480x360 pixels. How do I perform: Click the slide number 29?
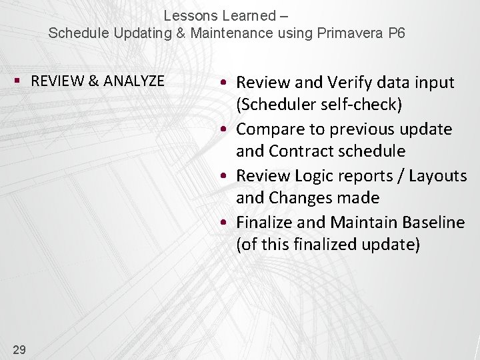coord(19,349)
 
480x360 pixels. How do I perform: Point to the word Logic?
coord(311,175)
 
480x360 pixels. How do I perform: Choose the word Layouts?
coord(438,175)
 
